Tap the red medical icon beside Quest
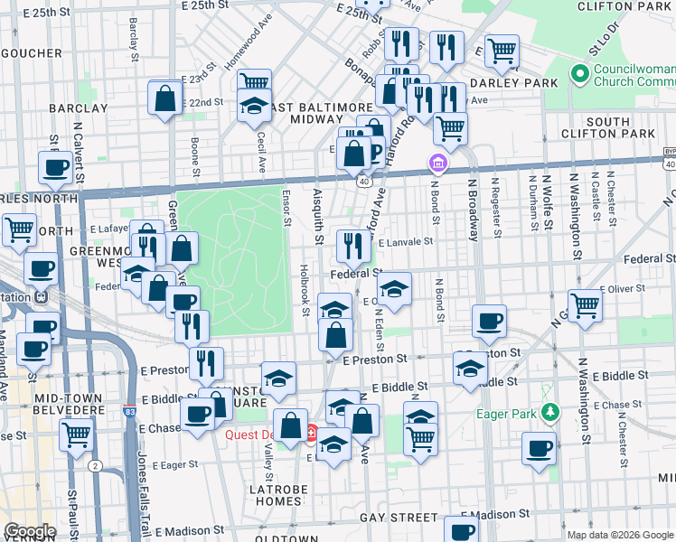pyautogui.click(x=312, y=434)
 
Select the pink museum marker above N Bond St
pyautogui.click(x=437, y=164)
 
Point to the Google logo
pyautogui.click(x=30, y=531)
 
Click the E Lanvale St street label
pyautogui.click(x=406, y=242)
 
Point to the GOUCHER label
pyautogui.click(x=30, y=53)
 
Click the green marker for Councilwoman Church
pyautogui.click(x=578, y=72)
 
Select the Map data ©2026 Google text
pyautogui.click(x=619, y=535)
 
